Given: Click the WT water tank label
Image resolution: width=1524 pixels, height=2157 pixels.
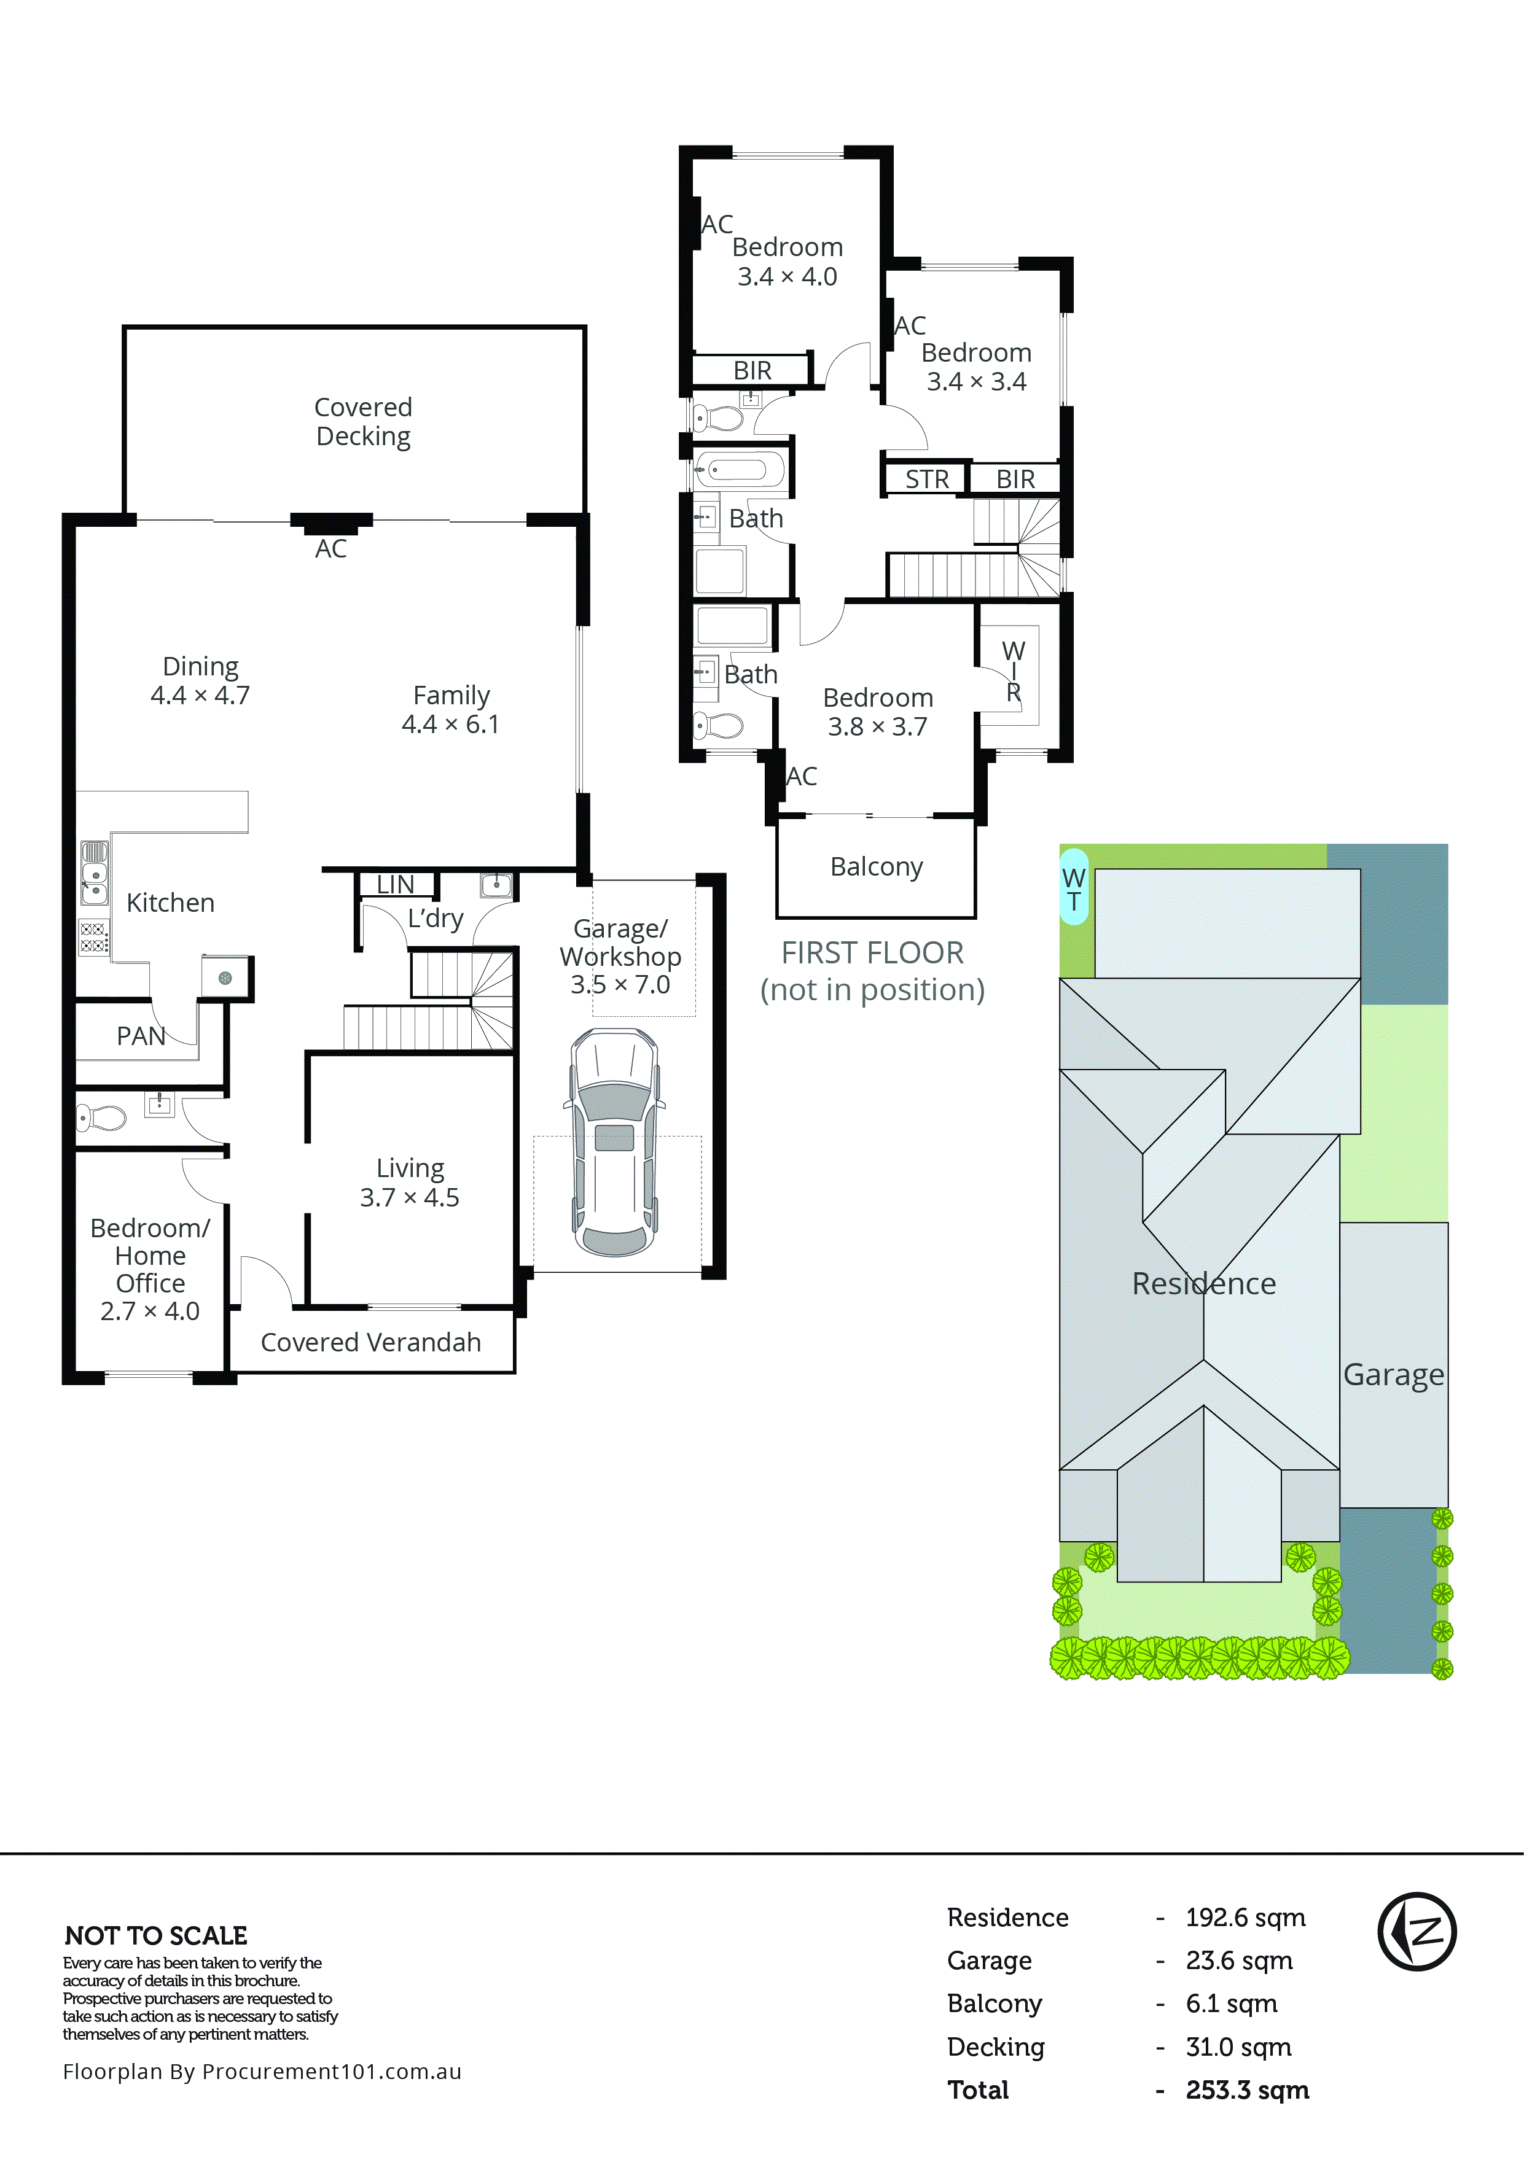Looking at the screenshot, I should [1073, 888].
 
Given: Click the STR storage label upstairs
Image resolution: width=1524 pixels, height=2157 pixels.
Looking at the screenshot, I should [926, 479].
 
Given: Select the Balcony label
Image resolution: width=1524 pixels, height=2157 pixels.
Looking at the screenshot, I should [876, 866].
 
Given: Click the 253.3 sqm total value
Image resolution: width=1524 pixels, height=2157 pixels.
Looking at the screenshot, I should [1247, 2089].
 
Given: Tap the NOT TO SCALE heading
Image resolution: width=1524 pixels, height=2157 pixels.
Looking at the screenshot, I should [156, 1935].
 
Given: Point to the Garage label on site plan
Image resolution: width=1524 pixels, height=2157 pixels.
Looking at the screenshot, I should [1393, 1374].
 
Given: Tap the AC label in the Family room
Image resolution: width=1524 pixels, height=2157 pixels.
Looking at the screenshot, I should [330, 549].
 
